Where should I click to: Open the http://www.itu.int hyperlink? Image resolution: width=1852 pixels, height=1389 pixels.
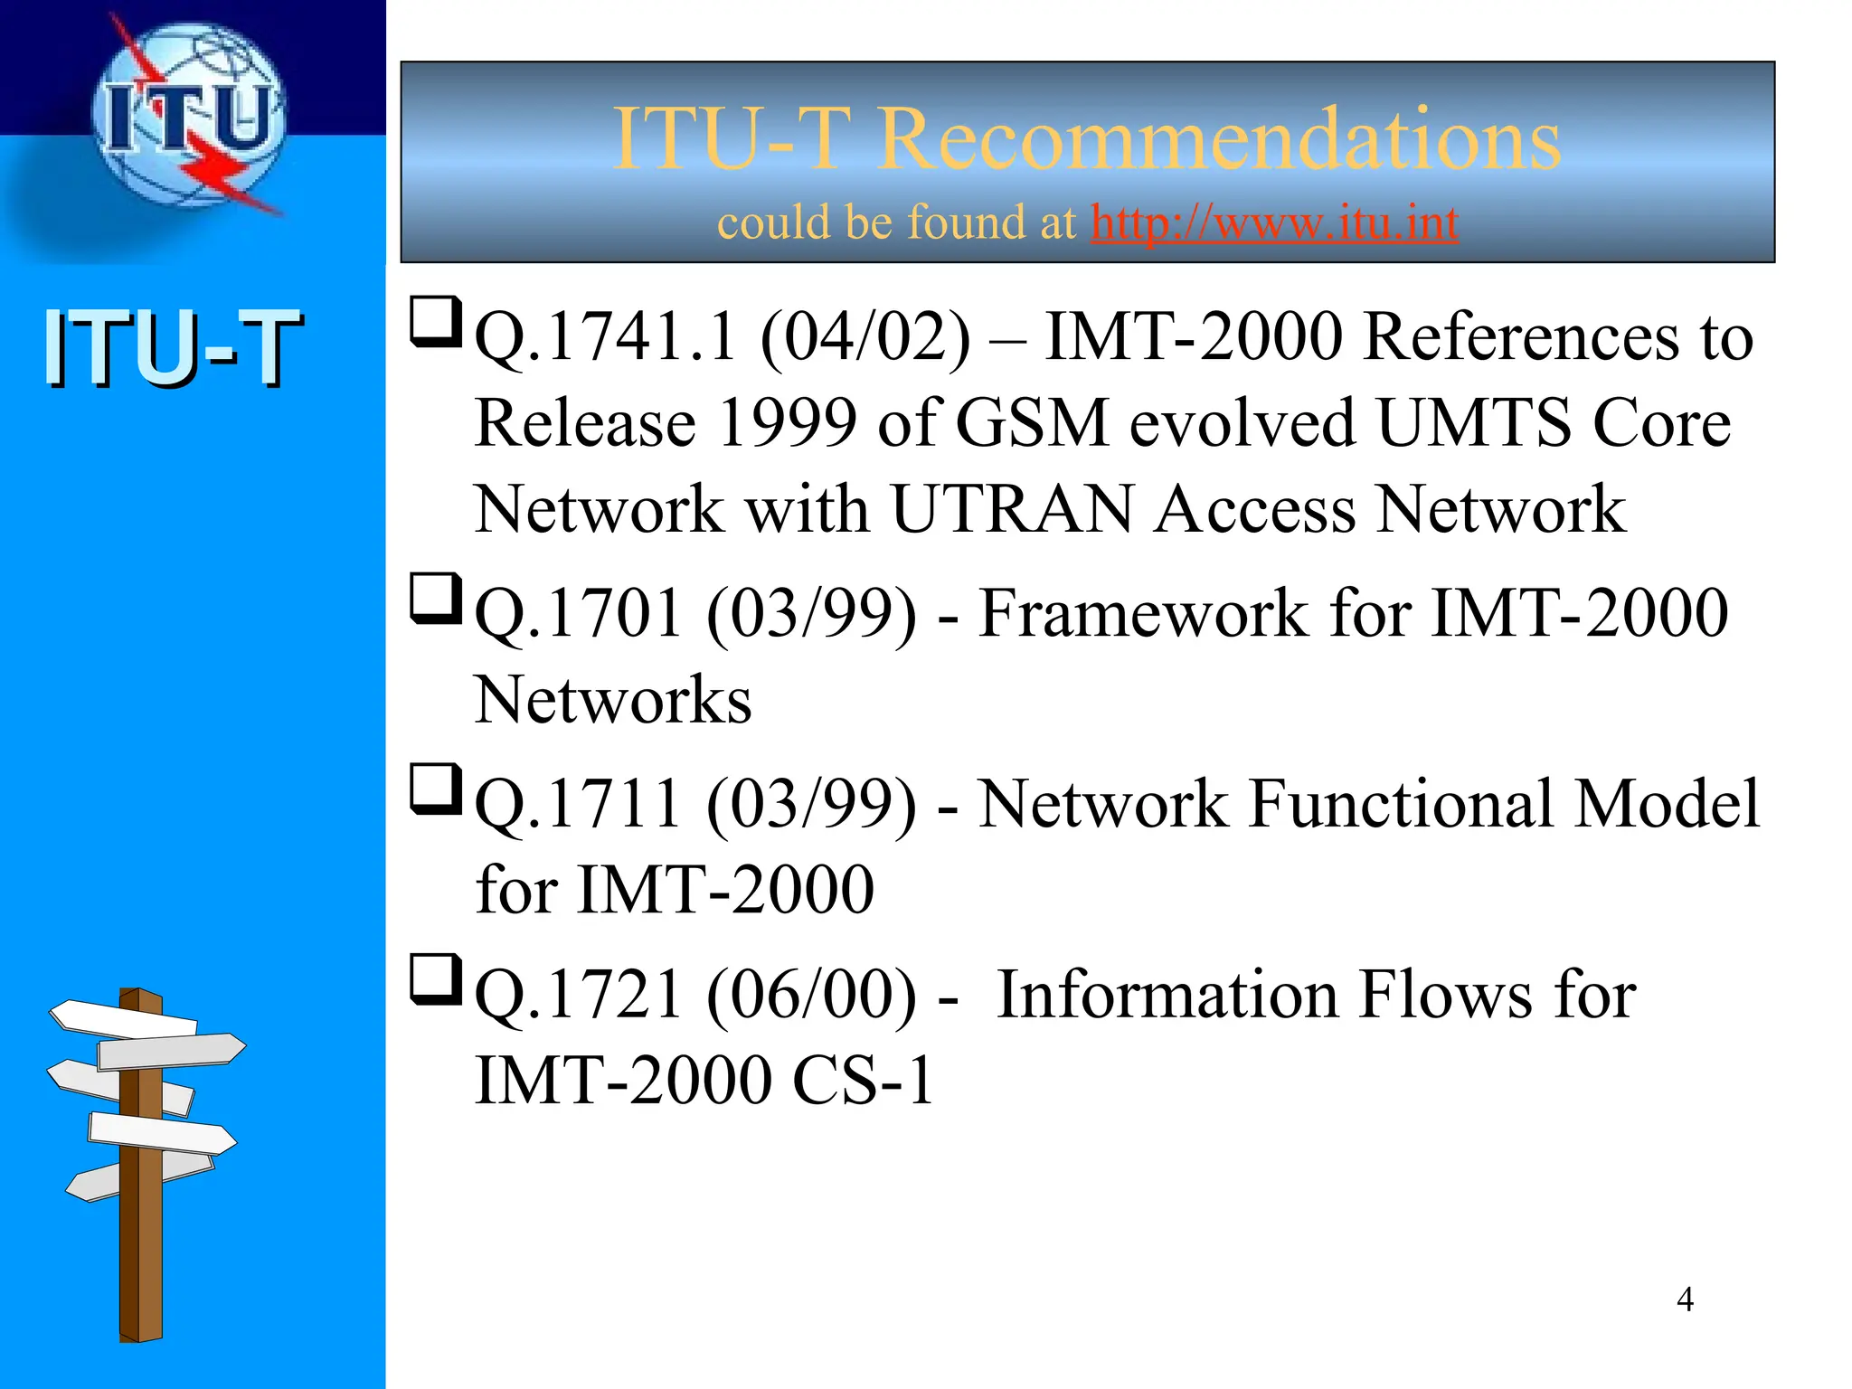coord(1274,222)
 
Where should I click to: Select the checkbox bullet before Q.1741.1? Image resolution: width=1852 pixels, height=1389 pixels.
coord(436,322)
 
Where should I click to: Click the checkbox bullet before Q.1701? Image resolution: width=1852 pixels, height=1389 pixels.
coord(436,599)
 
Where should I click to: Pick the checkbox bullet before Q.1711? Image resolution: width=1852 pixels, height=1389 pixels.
coord(436,789)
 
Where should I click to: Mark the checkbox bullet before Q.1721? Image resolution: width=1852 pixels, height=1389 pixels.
coord(436,979)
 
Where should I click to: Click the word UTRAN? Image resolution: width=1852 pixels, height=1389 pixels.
coord(1012,509)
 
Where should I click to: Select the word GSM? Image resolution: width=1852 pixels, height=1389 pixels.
coord(1031,423)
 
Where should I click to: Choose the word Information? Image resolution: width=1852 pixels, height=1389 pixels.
coord(1167,996)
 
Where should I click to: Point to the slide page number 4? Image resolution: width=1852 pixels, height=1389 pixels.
coord(1685,1299)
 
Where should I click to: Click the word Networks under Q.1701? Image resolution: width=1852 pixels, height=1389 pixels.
coord(613,700)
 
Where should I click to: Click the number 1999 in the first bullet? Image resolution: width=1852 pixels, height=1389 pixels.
coord(787,423)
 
